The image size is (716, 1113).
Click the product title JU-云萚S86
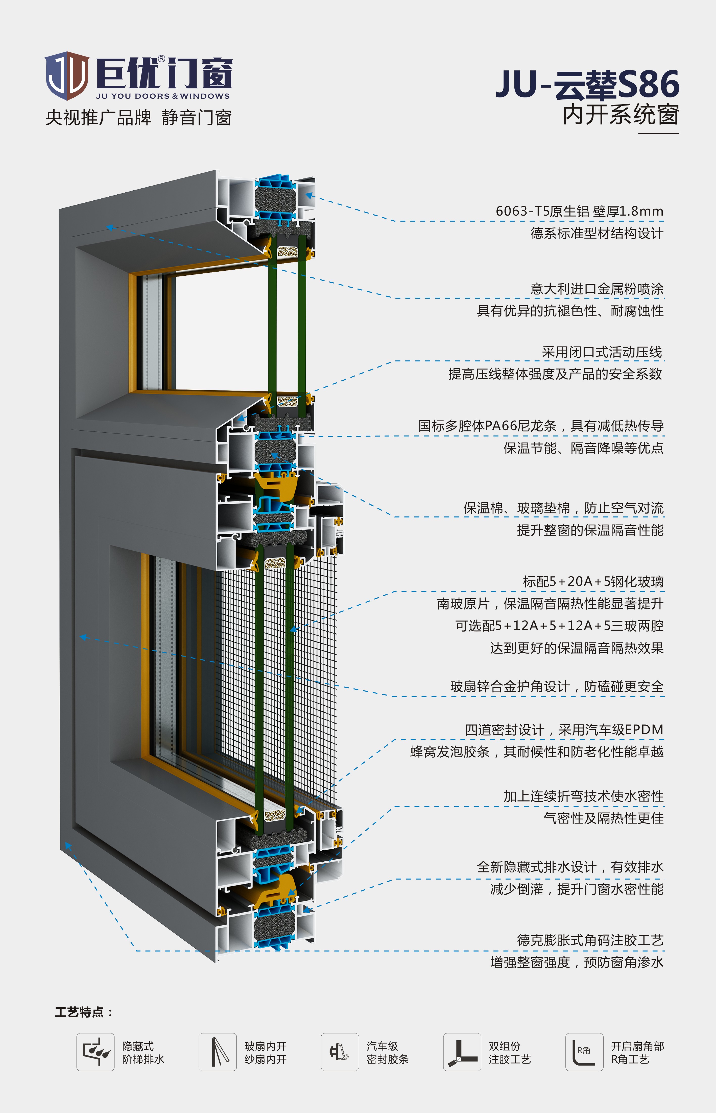click(588, 85)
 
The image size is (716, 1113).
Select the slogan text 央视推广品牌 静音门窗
click(138, 118)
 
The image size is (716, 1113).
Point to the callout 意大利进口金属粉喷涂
click(597, 289)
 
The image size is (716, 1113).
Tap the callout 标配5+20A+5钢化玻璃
click(593, 582)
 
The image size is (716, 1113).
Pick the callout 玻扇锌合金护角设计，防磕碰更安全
click(557, 687)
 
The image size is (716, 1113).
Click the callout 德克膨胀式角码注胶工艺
click(590, 940)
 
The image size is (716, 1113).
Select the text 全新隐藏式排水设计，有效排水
click(570, 867)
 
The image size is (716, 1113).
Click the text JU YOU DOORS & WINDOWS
click(163, 96)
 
